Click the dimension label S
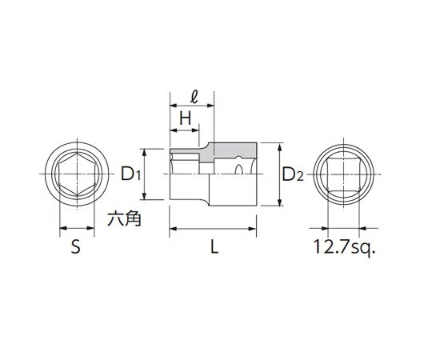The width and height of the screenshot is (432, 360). [x=76, y=246]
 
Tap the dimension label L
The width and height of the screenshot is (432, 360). [x=214, y=246]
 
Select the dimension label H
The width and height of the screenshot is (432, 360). [x=185, y=118]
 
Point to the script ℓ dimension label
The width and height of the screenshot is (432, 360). [x=194, y=98]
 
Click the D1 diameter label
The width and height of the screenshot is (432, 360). [x=131, y=174]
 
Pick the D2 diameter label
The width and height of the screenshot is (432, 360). [x=293, y=174]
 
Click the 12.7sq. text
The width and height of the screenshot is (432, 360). [x=344, y=246]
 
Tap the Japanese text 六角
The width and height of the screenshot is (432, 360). [x=124, y=219]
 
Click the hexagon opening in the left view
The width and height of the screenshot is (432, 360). [x=78, y=174]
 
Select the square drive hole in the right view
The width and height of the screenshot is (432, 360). [x=343, y=174]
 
